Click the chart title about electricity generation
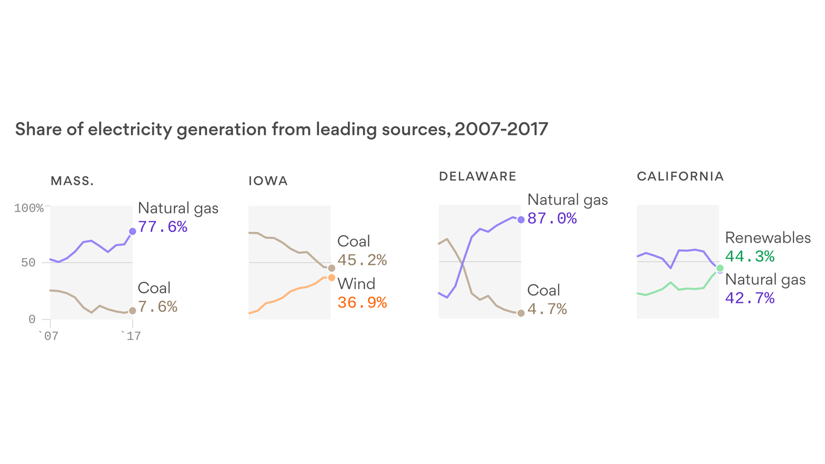pyautogui.click(x=281, y=129)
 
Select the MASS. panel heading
pyautogui.click(x=72, y=181)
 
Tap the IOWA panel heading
pyautogui.click(x=268, y=181)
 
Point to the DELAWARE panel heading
pyautogui.click(x=478, y=176)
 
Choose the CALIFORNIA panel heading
pyautogui.click(x=680, y=176)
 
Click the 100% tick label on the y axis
pyautogui.click(x=29, y=208)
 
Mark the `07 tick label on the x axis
pyautogui.click(x=48, y=336)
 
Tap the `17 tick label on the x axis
pyautogui.click(x=130, y=336)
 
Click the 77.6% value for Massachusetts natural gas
pyautogui.click(x=162, y=227)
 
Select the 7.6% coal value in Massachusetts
pyautogui.click(x=158, y=307)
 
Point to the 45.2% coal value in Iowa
pyautogui.click(x=362, y=260)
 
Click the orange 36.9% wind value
pyautogui.click(x=362, y=303)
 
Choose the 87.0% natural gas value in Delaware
pyautogui.click(x=552, y=219)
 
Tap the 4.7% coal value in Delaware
pyautogui.click(x=547, y=309)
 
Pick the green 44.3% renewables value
pyautogui.click(x=750, y=257)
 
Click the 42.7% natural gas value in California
pyautogui.click(x=750, y=298)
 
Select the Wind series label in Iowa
pyautogui.click(x=356, y=284)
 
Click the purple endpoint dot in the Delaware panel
pyautogui.click(x=521, y=219)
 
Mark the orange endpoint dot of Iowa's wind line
pyautogui.click(x=331, y=277)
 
